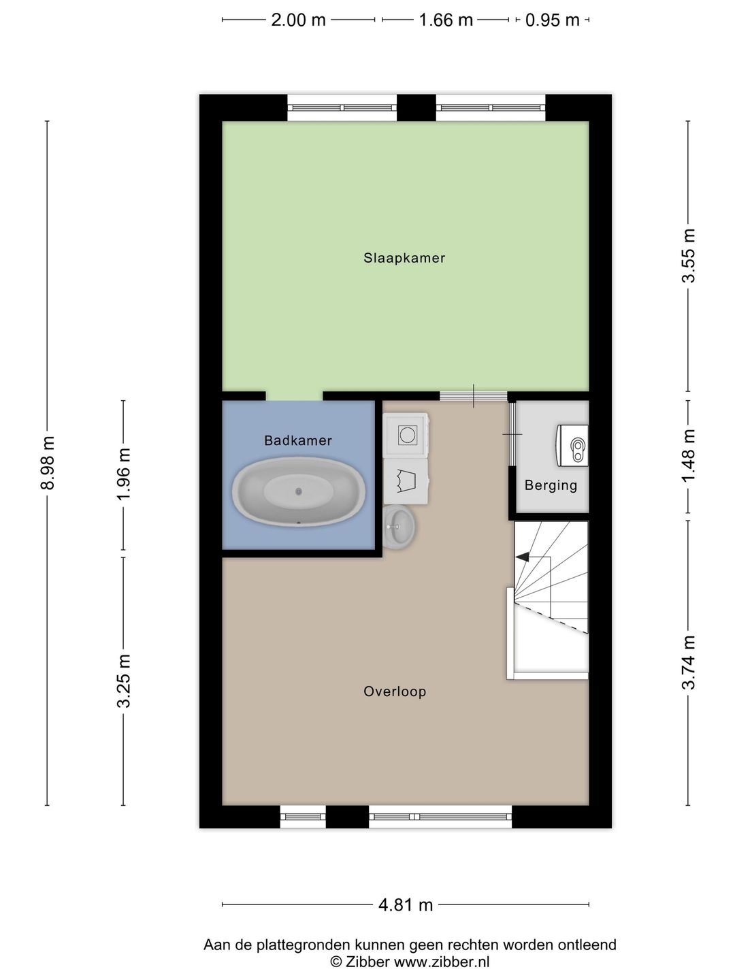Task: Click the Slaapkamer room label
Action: [404, 258]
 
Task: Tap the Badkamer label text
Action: [298, 440]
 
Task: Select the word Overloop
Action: [395, 691]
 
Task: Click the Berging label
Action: [551, 485]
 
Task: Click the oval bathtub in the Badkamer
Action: [299, 491]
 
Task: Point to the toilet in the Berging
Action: [574, 446]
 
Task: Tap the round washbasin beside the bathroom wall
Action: [399, 526]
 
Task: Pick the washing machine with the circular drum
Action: [406, 434]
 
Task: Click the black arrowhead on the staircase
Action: [522, 557]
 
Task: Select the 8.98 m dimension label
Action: [48, 463]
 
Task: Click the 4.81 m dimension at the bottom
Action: [406, 904]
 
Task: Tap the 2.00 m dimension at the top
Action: [298, 20]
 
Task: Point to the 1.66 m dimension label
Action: [446, 20]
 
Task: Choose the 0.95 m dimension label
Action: [552, 20]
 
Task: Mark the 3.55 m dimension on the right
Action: [689, 255]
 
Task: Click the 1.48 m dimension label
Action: [689, 455]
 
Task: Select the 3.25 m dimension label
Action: [124, 681]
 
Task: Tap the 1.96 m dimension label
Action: [124, 474]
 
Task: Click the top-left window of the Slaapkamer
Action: [342, 108]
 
